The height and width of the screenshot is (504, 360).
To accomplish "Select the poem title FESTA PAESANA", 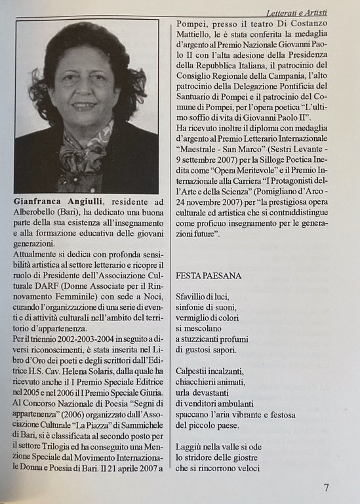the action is point(209,276).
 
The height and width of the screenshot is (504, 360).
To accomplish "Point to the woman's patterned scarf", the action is point(82,157).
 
